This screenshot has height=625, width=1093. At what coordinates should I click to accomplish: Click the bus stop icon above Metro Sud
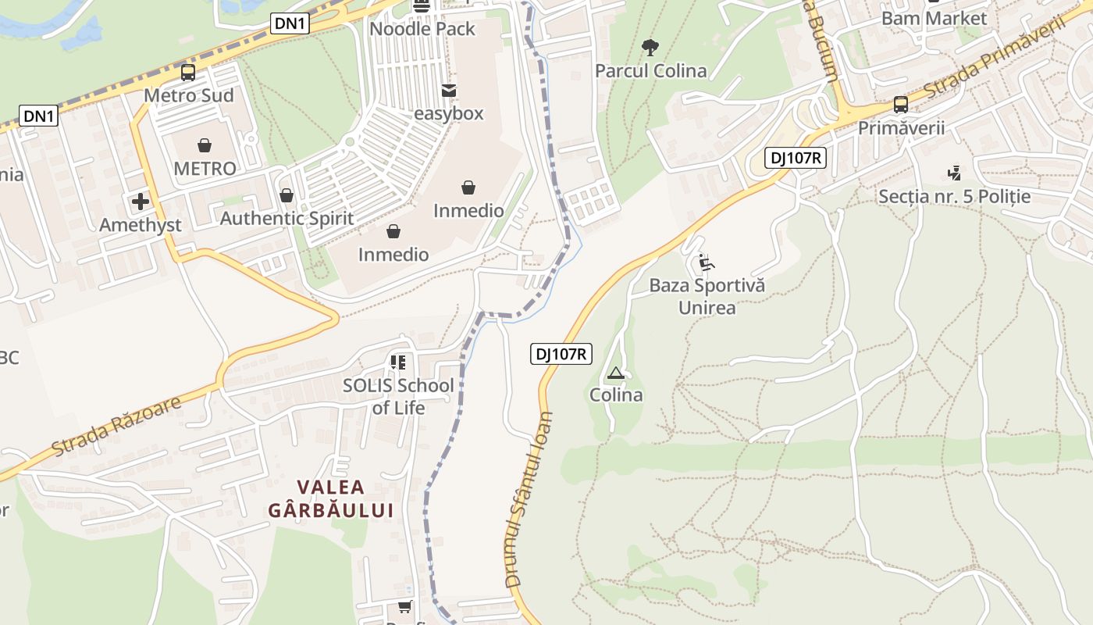(188, 73)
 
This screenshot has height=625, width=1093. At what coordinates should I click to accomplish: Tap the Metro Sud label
(189, 95)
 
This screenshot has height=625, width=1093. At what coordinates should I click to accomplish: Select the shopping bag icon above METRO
(205, 145)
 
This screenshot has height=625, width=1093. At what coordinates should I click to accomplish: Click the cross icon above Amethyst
(141, 202)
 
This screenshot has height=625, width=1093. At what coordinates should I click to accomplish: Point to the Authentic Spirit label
(287, 218)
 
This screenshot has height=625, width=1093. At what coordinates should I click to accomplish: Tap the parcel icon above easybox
(448, 91)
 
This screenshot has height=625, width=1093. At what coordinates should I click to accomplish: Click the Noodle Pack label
(422, 29)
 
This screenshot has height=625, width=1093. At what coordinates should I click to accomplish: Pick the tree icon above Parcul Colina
(650, 48)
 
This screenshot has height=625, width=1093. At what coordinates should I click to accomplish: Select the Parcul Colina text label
(650, 71)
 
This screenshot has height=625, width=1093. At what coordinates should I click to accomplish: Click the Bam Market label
(934, 18)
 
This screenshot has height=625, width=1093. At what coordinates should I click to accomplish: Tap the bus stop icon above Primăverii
(901, 105)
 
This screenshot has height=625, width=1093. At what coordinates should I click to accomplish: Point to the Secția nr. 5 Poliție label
(954, 196)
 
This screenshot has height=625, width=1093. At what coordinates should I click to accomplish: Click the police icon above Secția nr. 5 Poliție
(953, 173)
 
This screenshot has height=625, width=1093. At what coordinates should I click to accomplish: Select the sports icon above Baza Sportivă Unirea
(706, 262)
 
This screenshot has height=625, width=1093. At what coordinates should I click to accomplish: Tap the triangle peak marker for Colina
(616, 373)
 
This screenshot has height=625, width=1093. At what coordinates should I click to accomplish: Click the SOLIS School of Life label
(398, 396)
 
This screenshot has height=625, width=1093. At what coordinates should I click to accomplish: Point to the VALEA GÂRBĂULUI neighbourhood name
(330, 498)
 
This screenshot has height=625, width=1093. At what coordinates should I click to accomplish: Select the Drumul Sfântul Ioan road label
(529, 500)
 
